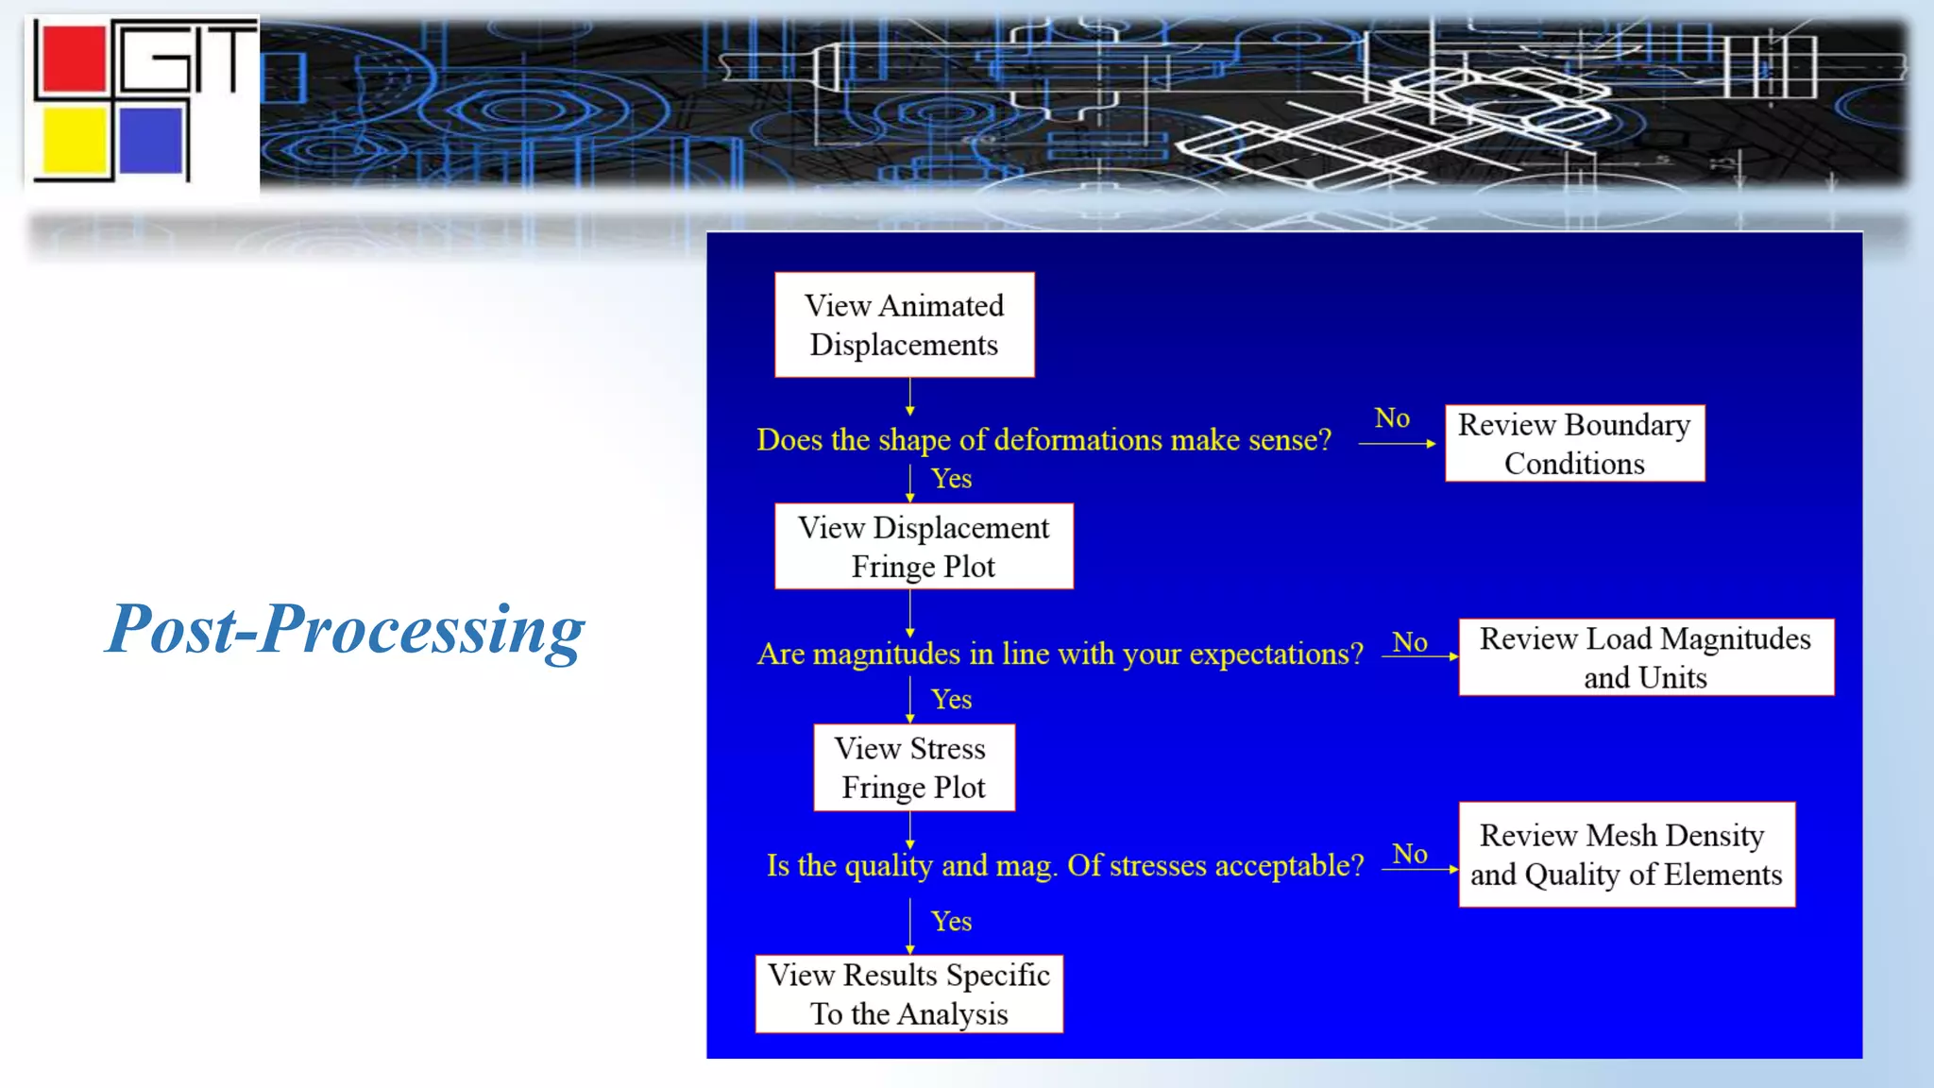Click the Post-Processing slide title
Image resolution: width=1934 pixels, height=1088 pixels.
[x=345, y=630]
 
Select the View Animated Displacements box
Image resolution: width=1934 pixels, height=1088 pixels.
[x=904, y=325]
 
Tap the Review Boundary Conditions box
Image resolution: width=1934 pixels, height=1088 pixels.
[x=1574, y=444]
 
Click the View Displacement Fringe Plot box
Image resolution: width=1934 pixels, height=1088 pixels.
[x=923, y=547]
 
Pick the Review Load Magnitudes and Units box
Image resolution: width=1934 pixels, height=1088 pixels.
[x=1645, y=657]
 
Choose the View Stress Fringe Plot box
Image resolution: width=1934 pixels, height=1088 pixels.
[x=913, y=768]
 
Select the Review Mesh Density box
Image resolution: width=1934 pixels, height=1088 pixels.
[x=1626, y=855]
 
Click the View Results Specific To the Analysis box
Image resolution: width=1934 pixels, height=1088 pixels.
[x=908, y=994]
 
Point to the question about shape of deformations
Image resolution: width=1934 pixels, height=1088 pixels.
[x=1043, y=440]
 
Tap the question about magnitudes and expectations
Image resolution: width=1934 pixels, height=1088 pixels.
[x=1060, y=654]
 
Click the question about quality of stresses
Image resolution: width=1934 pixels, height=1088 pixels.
[x=1064, y=865]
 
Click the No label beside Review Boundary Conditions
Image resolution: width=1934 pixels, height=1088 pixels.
[x=1392, y=418]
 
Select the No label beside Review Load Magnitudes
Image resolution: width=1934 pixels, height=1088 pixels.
[x=1410, y=643]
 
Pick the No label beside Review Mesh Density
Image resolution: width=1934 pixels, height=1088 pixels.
[x=1410, y=855]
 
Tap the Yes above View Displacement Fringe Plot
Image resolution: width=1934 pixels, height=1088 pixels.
[x=951, y=479]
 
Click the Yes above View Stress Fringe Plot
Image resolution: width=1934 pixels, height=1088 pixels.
[x=951, y=700]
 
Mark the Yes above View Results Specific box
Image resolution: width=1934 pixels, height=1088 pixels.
[x=951, y=922]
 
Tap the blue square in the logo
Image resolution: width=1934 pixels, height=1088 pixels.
[x=151, y=141]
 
